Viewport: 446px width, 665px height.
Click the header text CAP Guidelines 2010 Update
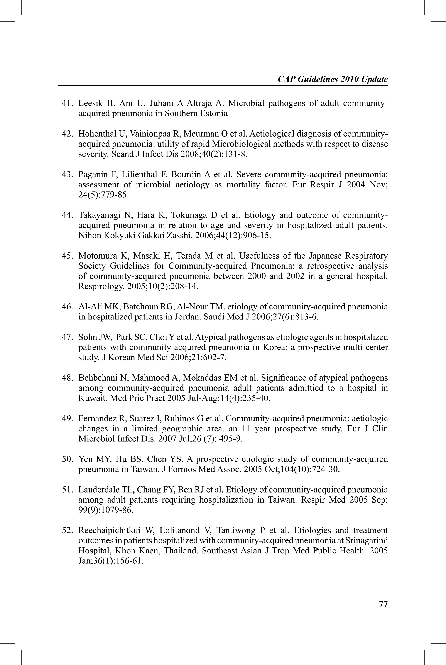pos(333,79)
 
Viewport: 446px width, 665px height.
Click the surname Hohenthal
pos(95,134)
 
